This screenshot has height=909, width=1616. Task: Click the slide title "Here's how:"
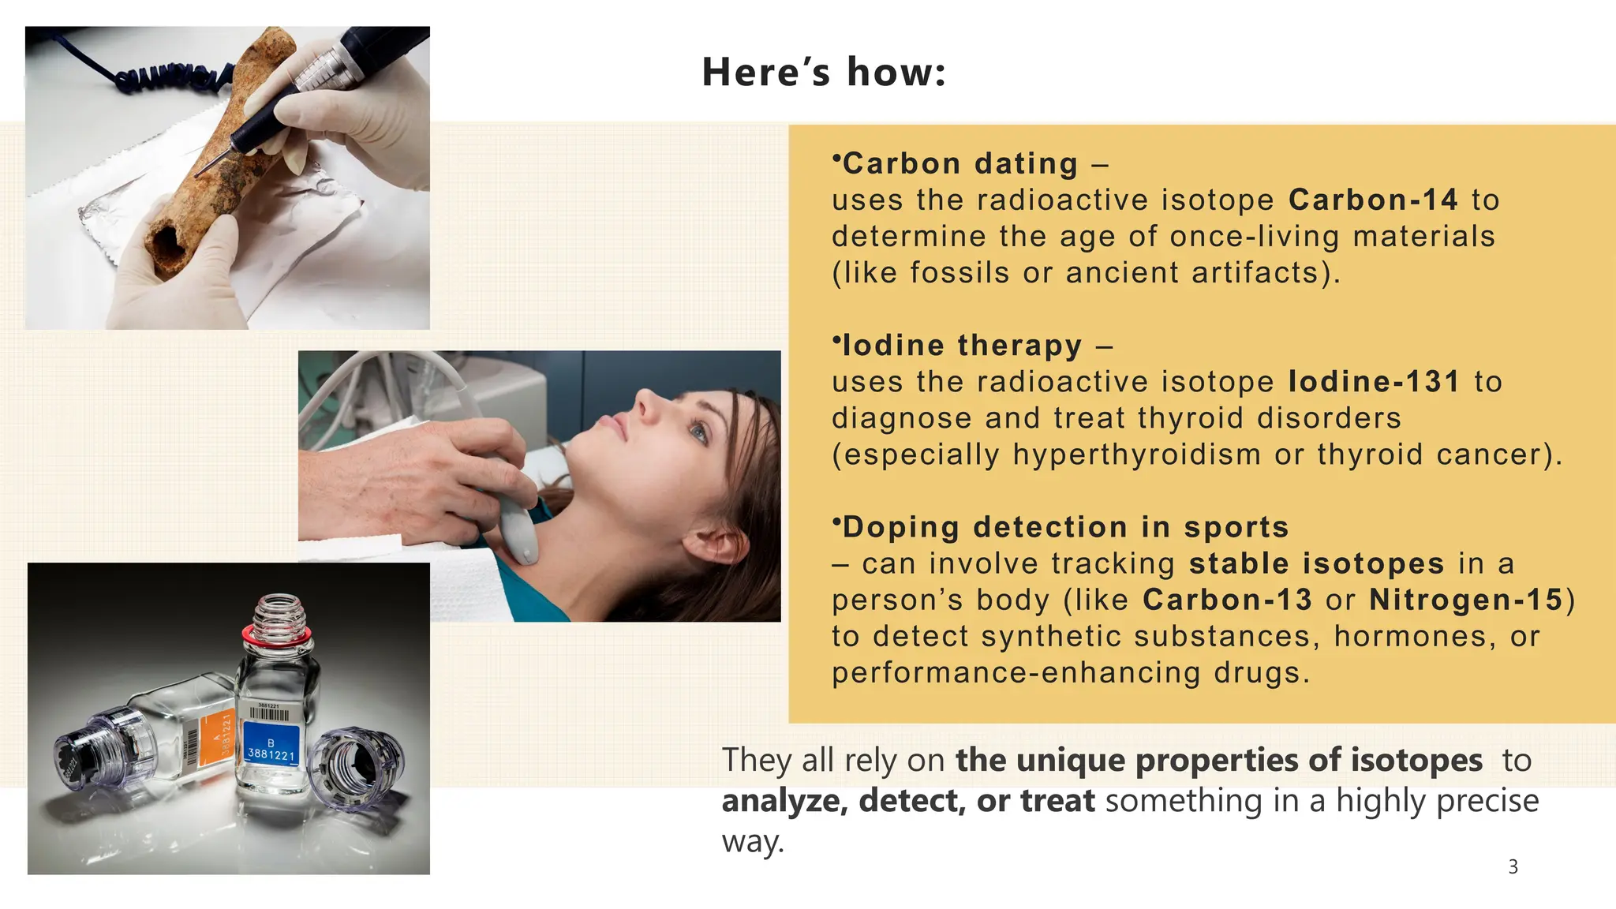click(823, 72)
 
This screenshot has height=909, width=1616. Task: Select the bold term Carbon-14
click(1373, 200)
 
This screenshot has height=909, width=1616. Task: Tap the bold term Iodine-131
click(1374, 382)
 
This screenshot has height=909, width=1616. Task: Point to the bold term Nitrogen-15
click(1466, 600)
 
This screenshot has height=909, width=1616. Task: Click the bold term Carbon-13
click(1227, 600)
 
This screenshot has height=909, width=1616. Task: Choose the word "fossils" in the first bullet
click(959, 273)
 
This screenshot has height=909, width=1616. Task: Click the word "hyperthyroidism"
click(1137, 454)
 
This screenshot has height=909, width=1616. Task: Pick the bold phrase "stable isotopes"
click(1316, 563)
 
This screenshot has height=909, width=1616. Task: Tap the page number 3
click(1513, 866)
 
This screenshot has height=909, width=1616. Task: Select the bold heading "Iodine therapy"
click(962, 346)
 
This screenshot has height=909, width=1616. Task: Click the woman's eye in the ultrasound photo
click(698, 431)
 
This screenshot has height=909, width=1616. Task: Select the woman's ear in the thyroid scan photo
click(714, 544)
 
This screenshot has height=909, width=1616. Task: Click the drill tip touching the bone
click(200, 172)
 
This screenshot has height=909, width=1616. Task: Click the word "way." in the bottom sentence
click(753, 841)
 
